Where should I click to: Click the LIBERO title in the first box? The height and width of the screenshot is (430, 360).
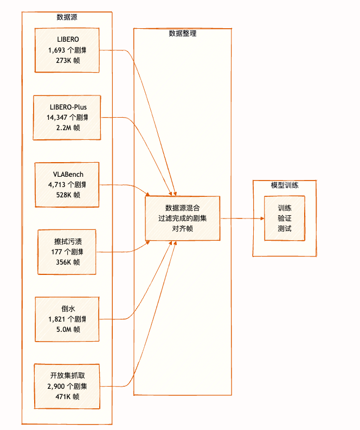67,40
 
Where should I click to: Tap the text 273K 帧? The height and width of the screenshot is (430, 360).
67,61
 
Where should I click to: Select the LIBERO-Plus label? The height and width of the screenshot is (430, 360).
67,107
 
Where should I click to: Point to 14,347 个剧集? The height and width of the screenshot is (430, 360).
67,117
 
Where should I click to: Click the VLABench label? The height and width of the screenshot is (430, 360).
67,174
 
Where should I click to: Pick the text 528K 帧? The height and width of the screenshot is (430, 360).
67,195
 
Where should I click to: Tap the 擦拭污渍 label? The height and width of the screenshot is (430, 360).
67,241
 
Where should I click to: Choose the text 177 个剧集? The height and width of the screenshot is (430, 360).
67,252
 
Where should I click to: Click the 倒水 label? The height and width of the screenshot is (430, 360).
67,309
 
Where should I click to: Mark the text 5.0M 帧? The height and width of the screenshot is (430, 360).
67,329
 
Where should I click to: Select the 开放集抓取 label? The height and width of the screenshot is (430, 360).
67,376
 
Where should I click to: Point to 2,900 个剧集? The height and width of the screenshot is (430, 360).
67,386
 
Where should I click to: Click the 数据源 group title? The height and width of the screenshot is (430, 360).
67,17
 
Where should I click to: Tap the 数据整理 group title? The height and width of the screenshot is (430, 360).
183,33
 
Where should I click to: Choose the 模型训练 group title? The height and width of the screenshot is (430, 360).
285,185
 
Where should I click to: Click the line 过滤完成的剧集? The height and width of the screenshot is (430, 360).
182,218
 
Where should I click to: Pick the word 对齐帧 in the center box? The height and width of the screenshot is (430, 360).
182,228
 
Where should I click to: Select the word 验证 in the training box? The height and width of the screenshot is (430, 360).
285,218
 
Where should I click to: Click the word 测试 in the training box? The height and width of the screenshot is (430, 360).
285,228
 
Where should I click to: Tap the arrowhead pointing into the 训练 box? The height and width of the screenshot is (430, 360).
262,219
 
